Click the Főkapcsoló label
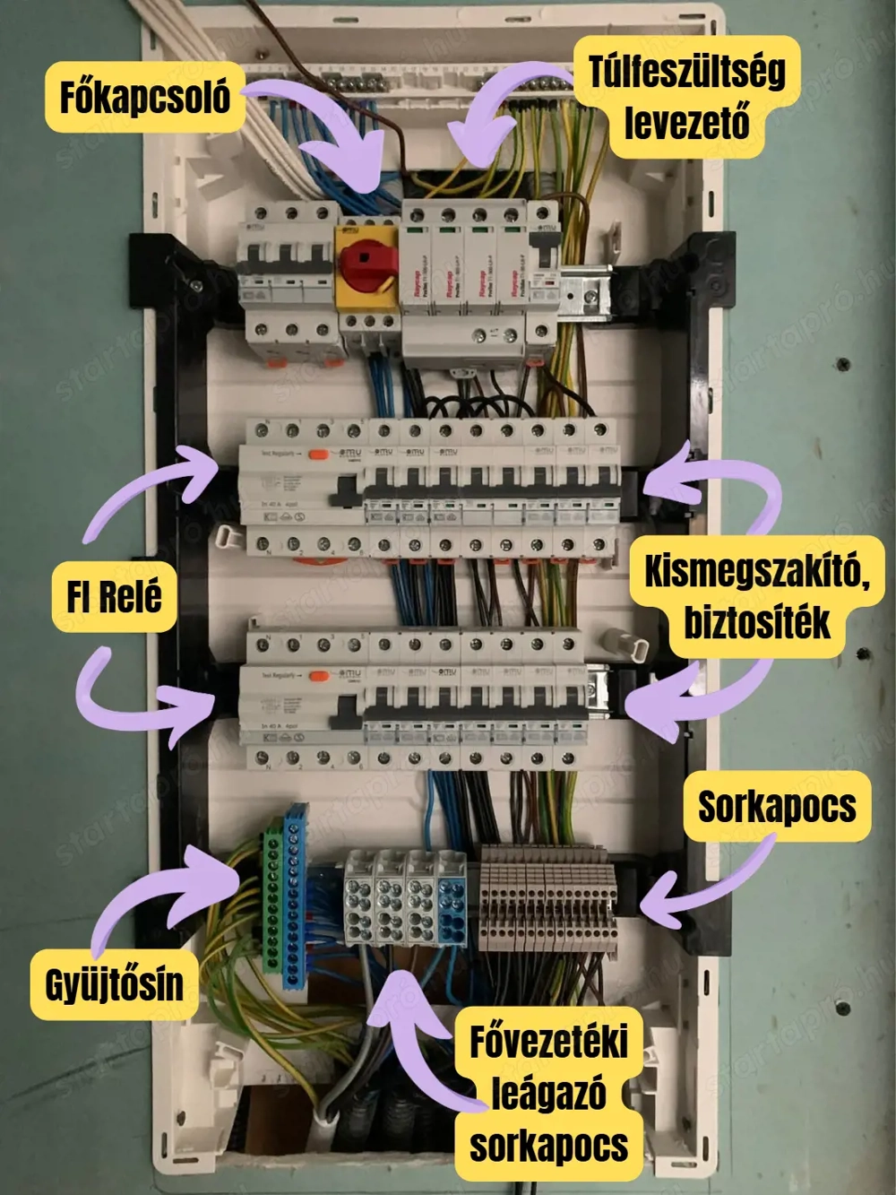144,97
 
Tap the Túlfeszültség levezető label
685,97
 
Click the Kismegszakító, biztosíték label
756,596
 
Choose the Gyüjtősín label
114,984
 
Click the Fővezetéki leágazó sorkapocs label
548,1094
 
